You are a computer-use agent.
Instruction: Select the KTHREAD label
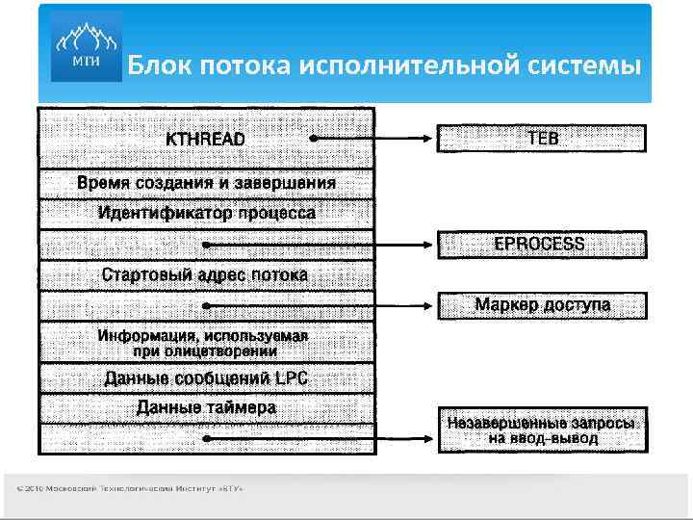point(205,139)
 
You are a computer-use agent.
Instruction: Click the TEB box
point(543,138)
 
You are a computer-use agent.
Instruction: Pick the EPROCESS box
point(543,245)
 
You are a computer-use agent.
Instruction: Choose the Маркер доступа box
point(543,305)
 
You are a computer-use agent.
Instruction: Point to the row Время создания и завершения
point(206,183)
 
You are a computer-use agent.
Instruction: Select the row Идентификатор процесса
point(206,213)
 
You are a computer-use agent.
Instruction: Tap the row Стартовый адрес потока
point(206,274)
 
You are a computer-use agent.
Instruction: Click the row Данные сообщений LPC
point(206,377)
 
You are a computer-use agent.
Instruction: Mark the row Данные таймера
point(206,407)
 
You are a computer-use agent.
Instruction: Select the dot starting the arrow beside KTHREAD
point(314,139)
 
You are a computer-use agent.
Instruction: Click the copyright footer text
point(130,490)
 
